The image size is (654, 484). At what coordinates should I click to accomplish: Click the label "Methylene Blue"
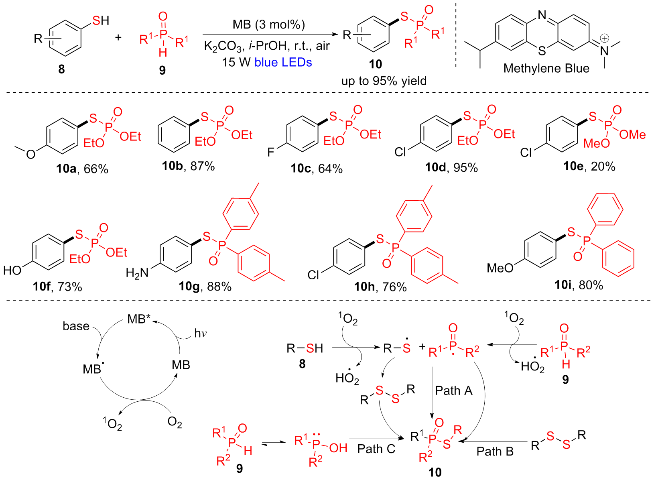[546, 69]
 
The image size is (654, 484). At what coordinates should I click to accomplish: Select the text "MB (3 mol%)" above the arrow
[268, 24]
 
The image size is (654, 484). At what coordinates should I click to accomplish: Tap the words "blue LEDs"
[283, 62]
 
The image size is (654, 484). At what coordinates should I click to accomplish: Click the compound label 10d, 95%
[451, 168]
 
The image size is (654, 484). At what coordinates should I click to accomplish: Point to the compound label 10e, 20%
[589, 166]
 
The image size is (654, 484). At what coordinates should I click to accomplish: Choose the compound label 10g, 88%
[205, 286]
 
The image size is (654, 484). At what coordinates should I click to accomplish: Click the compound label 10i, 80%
[579, 285]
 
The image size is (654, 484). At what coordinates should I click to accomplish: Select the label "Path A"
[453, 390]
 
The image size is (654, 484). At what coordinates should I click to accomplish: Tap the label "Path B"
[495, 451]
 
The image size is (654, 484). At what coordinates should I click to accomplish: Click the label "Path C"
[376, 449]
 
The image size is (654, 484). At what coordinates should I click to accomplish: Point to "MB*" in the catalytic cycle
[138, 319]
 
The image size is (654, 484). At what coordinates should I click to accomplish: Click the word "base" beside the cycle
[76, 326]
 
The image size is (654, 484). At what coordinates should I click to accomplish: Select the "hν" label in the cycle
[200, 333]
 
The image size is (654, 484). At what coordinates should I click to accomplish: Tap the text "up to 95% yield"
[384, 81]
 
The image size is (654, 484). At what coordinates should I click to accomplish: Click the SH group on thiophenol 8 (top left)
[100, 20]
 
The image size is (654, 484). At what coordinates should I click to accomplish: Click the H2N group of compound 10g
[137, 273]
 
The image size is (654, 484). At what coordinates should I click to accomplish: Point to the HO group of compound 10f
[12, 270]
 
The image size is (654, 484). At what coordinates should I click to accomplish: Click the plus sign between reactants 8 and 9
[118, 38]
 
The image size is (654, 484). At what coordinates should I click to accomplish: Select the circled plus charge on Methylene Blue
[604, 38]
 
